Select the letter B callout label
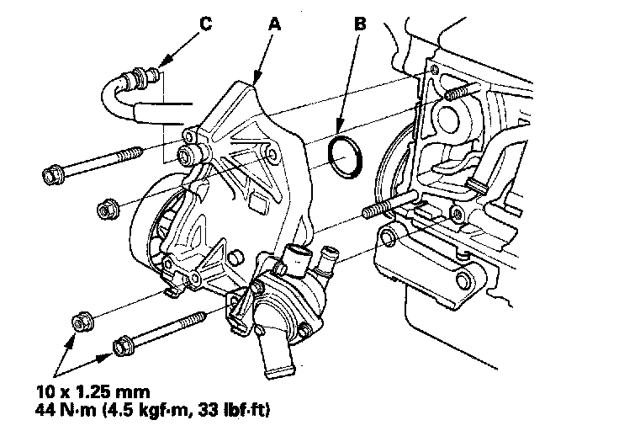click(x=360, y=24)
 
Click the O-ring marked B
click(x=345, y=157)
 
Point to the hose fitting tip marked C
click(x=154, y=78)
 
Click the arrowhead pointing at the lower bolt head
click(x=108, y=356)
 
